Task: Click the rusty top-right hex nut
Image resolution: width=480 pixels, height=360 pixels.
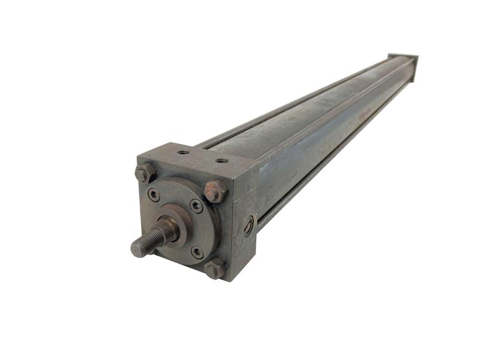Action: (x=215, y=191)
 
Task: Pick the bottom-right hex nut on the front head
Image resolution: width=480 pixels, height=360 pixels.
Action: (x=215, y=268)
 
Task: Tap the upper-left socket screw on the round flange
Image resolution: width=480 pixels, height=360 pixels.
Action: (x=154, y=194)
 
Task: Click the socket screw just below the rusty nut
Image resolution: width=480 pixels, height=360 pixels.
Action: (x=196, y=206)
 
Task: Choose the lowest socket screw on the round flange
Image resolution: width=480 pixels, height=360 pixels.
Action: (x=197, y=252)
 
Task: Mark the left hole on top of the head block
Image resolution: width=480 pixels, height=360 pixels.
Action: (x=183, y=152)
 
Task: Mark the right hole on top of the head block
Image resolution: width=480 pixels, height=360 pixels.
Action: (x=221, y=161)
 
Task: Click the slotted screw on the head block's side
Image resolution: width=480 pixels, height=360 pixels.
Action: (x=249, y=226)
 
